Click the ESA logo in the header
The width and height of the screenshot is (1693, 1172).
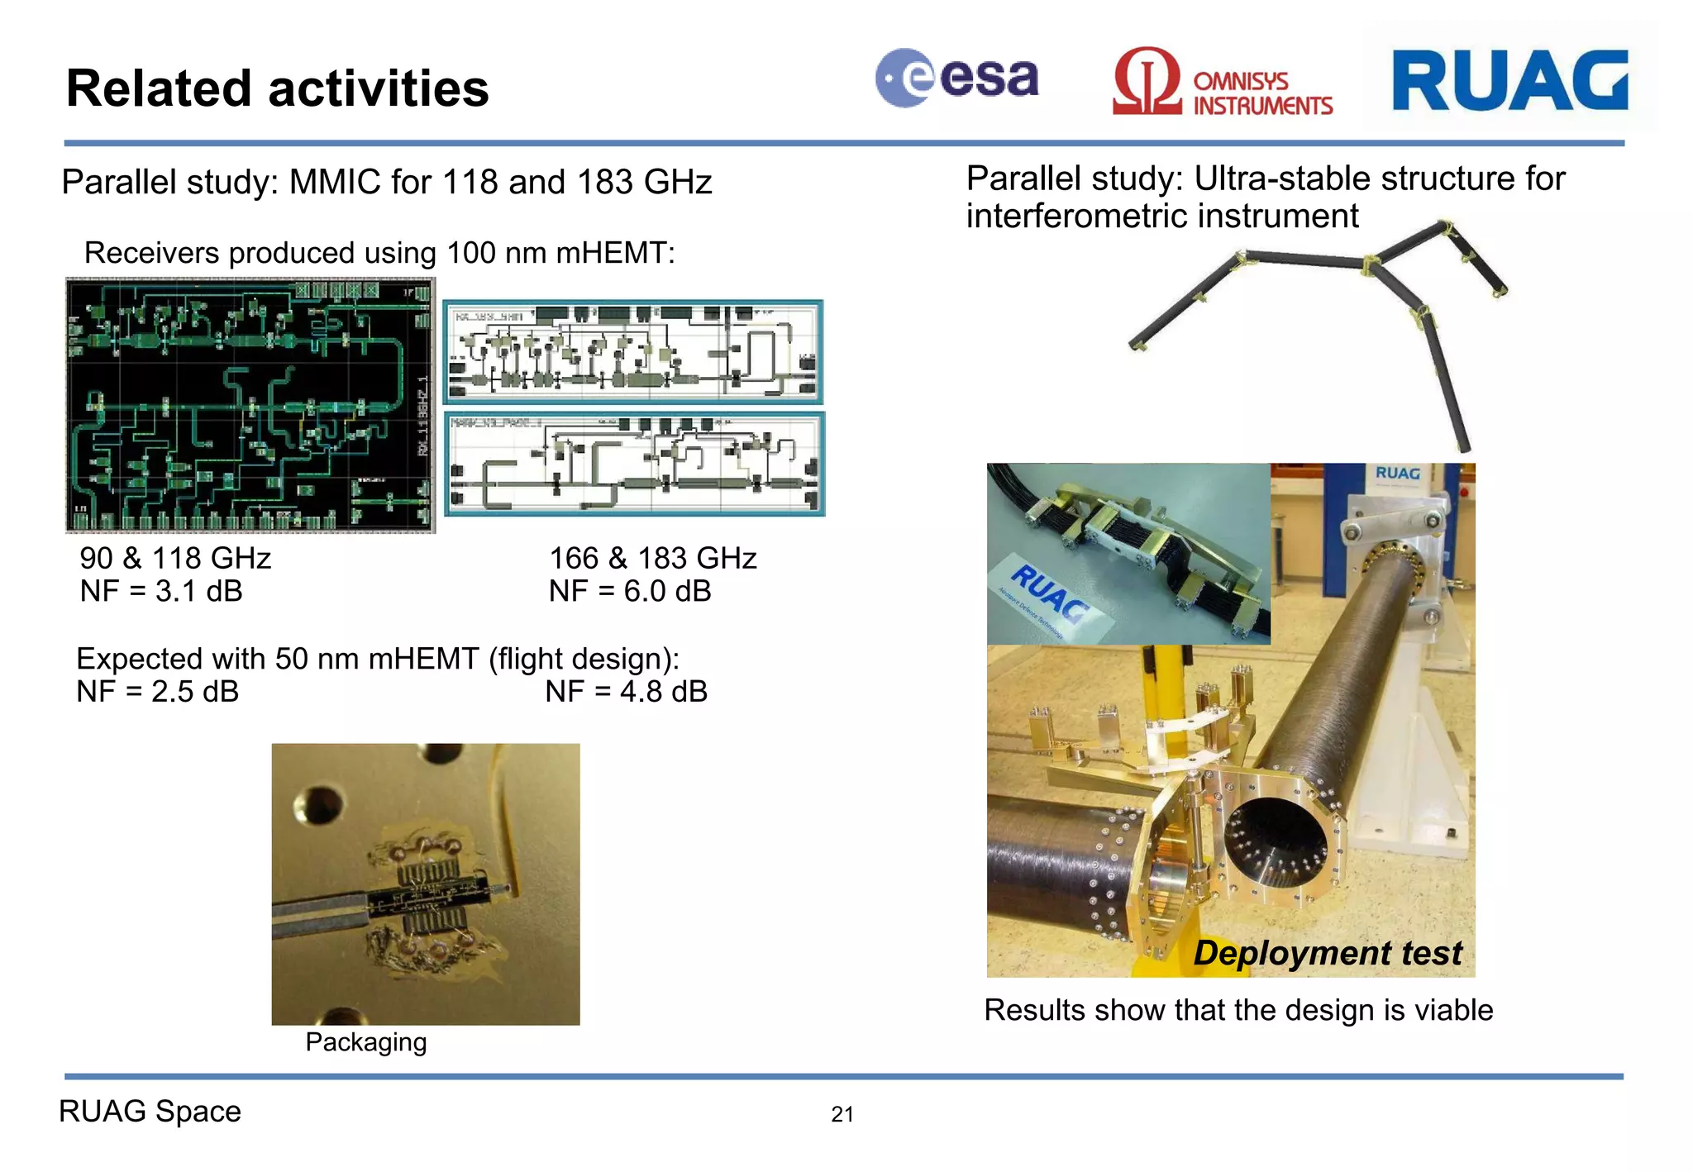pos(956,79)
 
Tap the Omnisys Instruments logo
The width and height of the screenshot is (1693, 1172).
pos(1222,82)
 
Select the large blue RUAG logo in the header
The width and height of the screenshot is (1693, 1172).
pos(1509,80)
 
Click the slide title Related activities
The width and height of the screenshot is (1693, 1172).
pos(277,88)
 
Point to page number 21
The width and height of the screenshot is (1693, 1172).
pos(842,1114)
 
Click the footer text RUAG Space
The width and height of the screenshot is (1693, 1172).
pos(150,1112)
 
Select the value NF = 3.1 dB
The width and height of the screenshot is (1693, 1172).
pos(161,592)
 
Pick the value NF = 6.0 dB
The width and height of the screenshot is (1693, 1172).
pos(629,592)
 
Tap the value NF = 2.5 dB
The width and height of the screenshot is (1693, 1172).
pos(157,692)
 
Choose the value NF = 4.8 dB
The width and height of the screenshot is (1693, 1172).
pos(626,692)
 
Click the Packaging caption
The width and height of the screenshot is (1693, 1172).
pos(365,1042)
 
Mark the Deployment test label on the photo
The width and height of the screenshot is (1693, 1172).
pos(1328,953)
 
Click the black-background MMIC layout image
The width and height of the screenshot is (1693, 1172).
pos(250,405)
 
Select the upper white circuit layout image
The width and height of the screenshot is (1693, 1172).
pos(633,352)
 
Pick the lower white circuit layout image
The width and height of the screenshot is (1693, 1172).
pos(634,464)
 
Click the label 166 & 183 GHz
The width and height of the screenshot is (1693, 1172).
pos(653,559)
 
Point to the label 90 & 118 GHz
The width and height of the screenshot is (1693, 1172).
pos(175,559)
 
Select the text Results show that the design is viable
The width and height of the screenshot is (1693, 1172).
pos(1238,1010)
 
